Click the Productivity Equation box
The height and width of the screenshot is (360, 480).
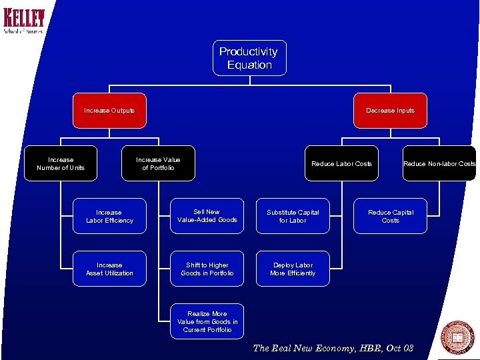(249, 58)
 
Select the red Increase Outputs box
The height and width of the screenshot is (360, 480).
(109, 111)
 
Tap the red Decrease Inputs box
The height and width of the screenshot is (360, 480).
(390, 111)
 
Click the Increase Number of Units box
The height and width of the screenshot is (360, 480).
(61, 163)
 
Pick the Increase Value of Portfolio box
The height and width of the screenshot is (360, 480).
(158, 163)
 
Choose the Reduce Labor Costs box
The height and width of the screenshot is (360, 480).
(341, 163)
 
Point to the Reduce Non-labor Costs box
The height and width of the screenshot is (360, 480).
(439, 163)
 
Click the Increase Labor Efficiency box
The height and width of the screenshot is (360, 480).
(109, 216)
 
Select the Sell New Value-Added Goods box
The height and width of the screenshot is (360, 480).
(207, 216)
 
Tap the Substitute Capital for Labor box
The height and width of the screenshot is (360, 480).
(293, 216)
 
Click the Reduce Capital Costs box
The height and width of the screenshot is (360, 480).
(390, 216)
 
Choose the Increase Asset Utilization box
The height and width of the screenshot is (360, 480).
(109, 269)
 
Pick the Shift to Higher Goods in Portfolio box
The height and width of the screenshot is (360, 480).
(207, 269)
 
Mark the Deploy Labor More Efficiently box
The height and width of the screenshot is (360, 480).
(293, 269)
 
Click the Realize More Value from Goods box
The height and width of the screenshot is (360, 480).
(207, 321)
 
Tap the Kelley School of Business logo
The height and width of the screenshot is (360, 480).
(24, 21)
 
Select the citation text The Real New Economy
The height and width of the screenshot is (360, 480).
(333, 348)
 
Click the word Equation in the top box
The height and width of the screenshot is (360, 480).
(249, 65)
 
